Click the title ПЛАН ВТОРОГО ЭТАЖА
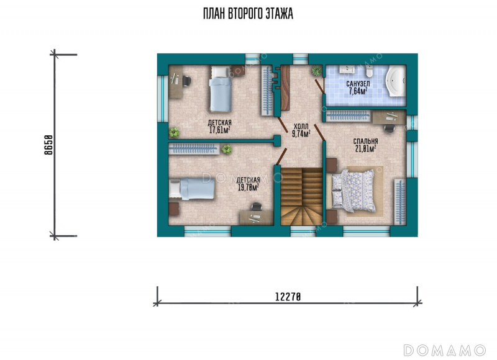pyautogui.click(x=248, y=14)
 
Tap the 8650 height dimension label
pyautogui.click(x=48, y=145)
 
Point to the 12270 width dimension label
pyautogui.click(x=288, y=297)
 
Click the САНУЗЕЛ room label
pyautogui.click(x=358, y=84)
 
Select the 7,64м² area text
pyautogui.click(x=358, y=91)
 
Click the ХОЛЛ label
pyautogui.click(x=301, y=127)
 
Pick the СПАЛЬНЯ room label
pyautogui.click(x=366, y=142)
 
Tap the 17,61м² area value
pyautogui.click(x=220, y=130)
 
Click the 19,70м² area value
pyautogui.click(x=248, y=187)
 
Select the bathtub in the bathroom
pyautogui.click(x=396, y=81)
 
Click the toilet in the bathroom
pyautogui.click(x=369, y=71)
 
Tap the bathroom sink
pyautogui.click(x=348, y=69)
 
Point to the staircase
pyautogui.click(x=301, y=196)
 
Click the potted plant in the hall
pyautogui.click(x=316, y=71)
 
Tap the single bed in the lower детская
pyautogui.click(x=192, y=189)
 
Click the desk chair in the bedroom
pyautogui.click(x=390, y=128)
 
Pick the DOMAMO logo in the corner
pyautogui.click(x=445, y=350)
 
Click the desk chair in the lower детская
pyautogui.click(x=256, y=207)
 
